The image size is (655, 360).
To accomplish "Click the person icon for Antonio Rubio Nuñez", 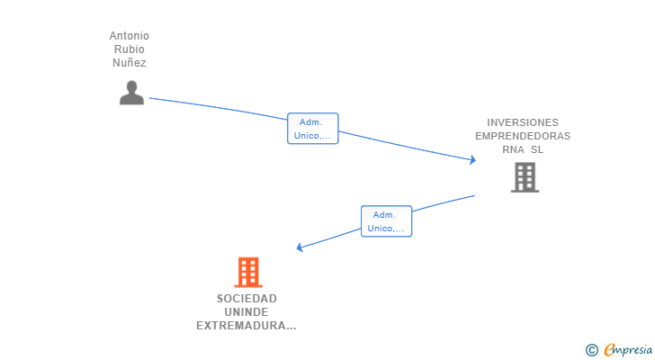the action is tap(131, 93).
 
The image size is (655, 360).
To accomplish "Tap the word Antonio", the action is tap(130, 36).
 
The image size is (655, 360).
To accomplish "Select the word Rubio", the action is tap(130, 49).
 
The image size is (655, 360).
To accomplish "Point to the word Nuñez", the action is tap(130, 63).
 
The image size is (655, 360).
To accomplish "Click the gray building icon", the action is tap(524, 177).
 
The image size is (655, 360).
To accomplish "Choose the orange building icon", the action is tap(247, 272).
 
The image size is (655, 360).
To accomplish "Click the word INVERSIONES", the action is tap(523, 122).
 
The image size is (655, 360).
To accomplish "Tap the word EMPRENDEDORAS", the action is tap(523, 136).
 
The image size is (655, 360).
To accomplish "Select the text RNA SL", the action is tap(523, 149).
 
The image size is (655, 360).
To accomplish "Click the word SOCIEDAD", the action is tap(247, 299).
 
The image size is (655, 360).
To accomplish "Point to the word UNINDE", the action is tap(247, 312).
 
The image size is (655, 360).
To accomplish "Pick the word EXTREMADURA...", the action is tap(243, 326).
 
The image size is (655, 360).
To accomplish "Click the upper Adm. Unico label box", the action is tap(312, 129).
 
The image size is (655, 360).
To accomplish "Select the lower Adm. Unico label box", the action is tap(386, 221).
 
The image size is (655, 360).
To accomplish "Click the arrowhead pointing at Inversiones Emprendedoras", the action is tap(472, 160).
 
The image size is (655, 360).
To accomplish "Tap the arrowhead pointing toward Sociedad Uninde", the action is tap(301, 247).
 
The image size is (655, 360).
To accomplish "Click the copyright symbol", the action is tap(591, 350).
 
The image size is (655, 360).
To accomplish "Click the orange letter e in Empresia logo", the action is tap(609, 350).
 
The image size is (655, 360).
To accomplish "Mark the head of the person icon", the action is tap(131, 86).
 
